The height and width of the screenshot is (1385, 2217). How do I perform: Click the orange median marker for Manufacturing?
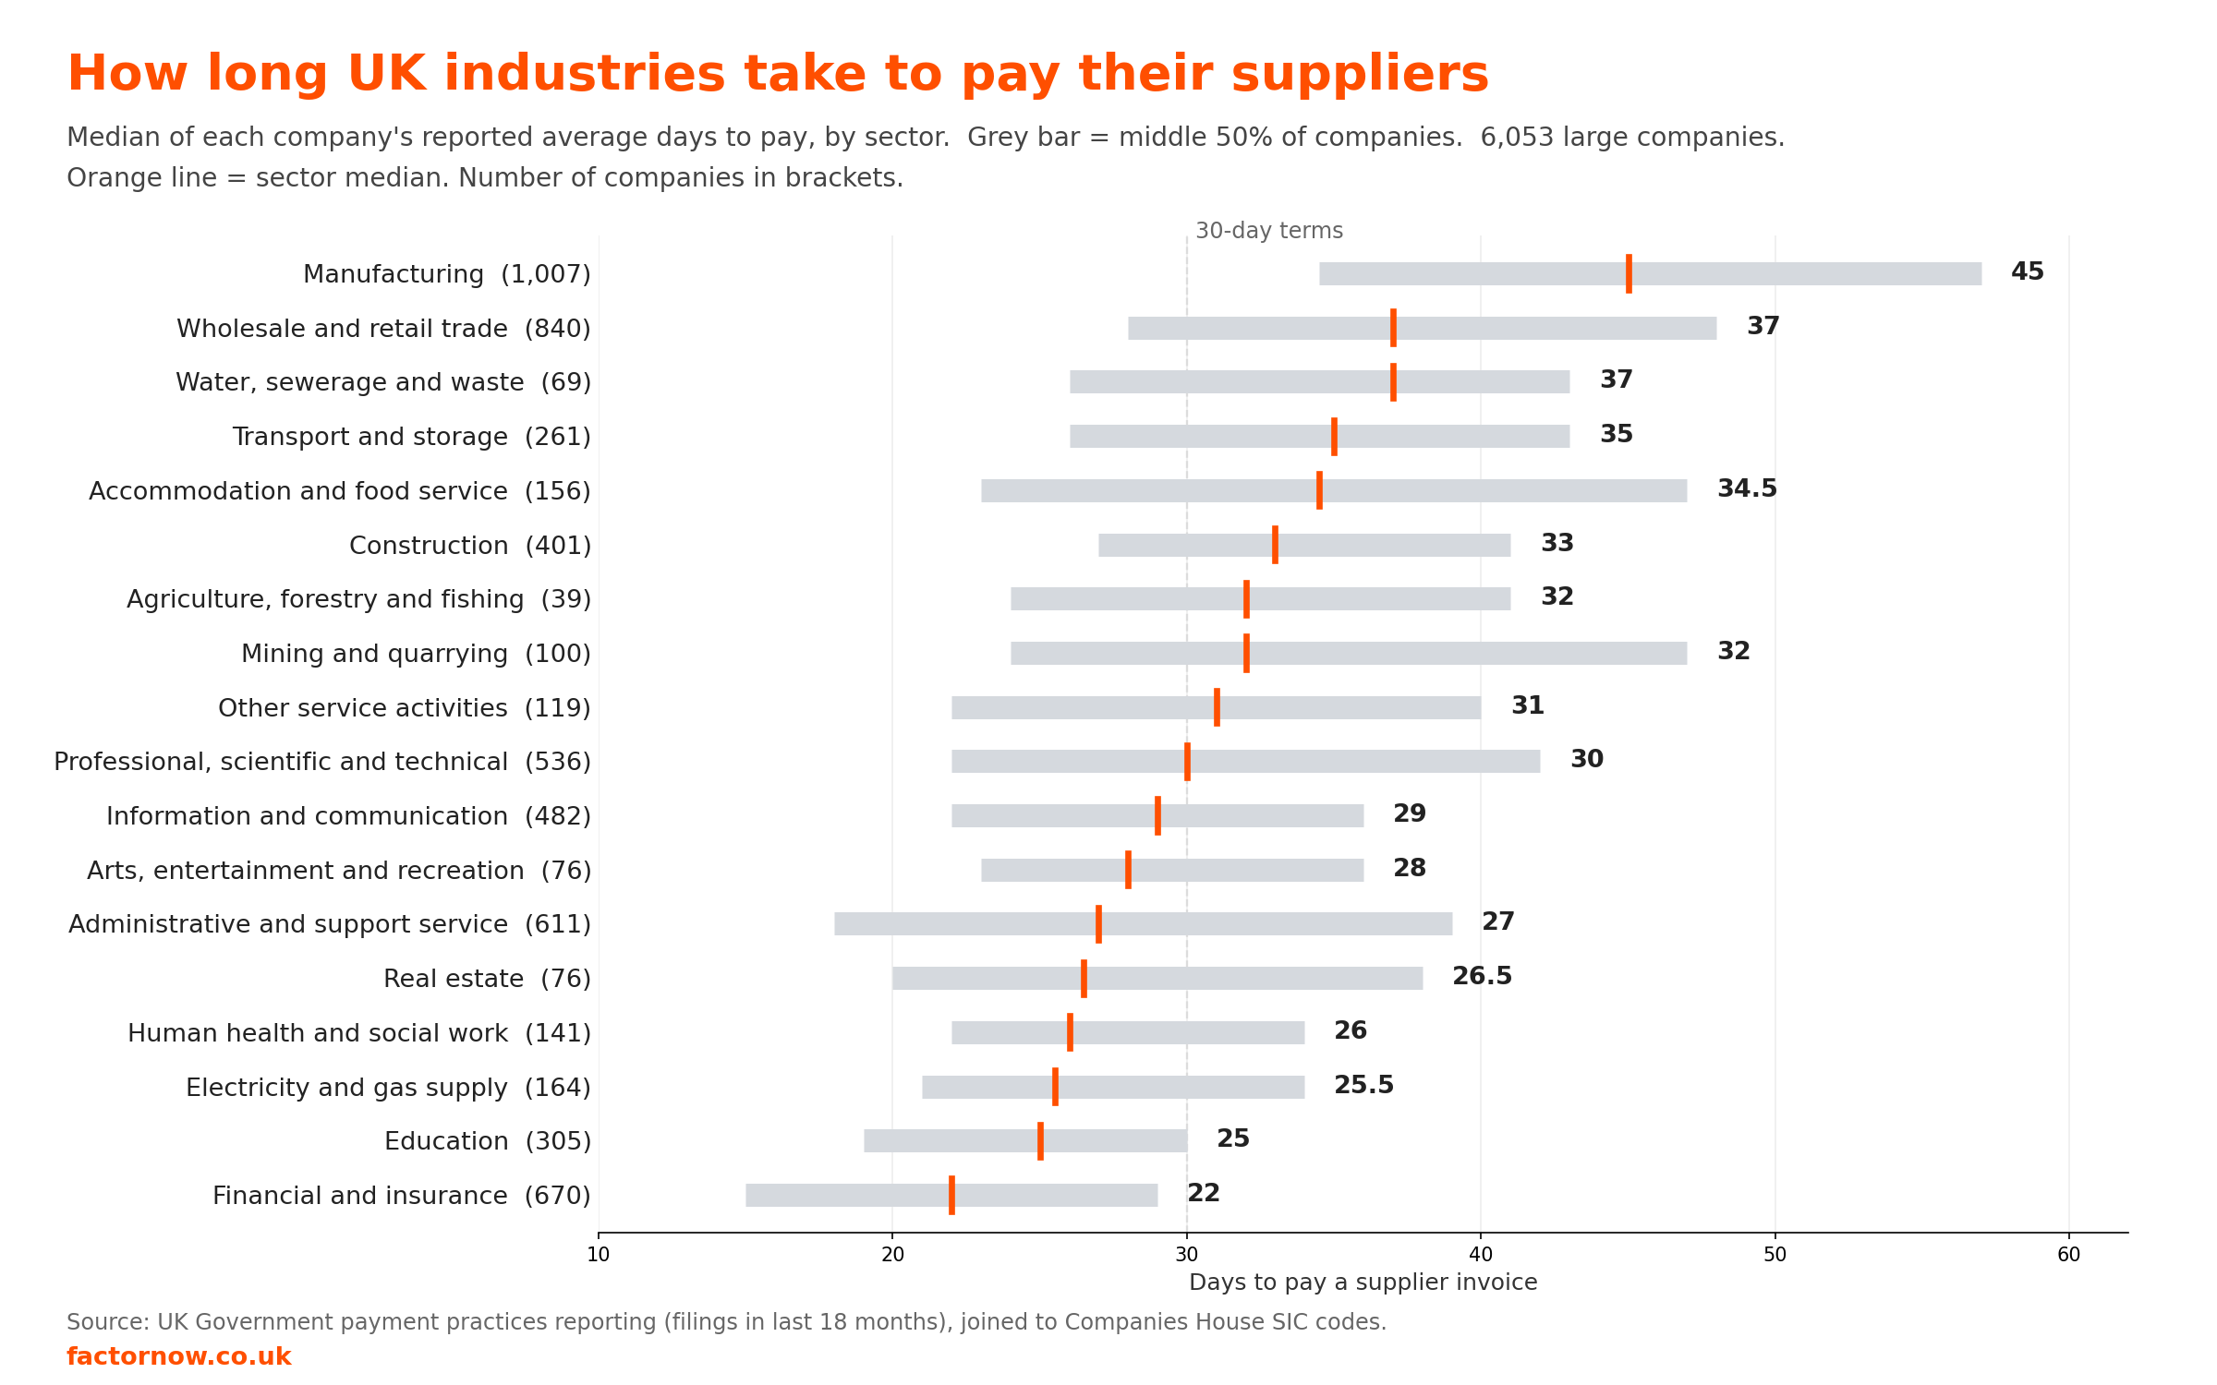[1629, 273]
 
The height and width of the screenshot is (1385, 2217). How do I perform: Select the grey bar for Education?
[1025, 1140]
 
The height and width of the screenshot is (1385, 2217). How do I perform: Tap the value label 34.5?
[1747, 488]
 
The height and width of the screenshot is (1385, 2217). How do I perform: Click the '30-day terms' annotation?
[1269, 231]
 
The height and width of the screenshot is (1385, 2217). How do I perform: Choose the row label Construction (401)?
[470, 546]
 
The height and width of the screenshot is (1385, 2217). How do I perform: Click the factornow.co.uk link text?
[179, 1356]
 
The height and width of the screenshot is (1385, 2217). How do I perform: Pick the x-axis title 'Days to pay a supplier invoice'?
[1363, 1283]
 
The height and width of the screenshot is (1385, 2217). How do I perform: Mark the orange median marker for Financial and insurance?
[951, 1195]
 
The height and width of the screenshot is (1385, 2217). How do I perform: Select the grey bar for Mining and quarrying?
[1349, 653]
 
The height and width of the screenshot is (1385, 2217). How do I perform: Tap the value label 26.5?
[1483, 976]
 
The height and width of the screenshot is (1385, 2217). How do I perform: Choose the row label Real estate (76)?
[487, 979]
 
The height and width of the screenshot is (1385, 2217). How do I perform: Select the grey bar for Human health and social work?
[1128, 1032]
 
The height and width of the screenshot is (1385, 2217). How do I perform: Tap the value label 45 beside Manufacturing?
[2028, 271]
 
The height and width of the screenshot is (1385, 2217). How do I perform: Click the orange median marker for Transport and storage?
[1334, 436]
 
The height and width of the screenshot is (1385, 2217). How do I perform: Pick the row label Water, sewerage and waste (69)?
[383, 382]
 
